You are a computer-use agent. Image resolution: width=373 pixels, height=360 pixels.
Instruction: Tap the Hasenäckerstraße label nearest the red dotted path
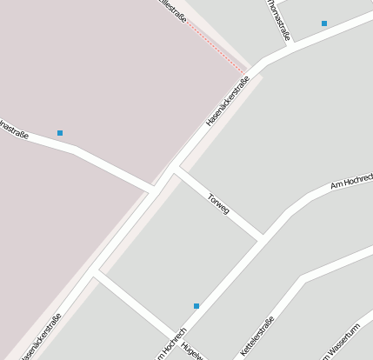[x=228, y=102]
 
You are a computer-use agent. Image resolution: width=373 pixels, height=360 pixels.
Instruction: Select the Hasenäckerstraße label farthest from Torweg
[x=41, y=336]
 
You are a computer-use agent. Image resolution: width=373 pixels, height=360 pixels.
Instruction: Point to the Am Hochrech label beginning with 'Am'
[x=351, y=182]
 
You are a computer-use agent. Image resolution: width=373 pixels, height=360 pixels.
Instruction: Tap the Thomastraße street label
[x=278, y=20]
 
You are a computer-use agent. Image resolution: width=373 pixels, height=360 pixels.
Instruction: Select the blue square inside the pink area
[x=60, y=133]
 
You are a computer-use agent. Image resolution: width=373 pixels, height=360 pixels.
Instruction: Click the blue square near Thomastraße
[x=324, y=23]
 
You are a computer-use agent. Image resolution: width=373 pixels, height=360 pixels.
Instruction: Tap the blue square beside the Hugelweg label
[x=196, y=306]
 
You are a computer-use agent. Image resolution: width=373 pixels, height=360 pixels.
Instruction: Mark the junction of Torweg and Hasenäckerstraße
[x=175, y=170]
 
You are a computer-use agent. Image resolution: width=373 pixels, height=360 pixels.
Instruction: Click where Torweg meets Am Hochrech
[x=261, y=237]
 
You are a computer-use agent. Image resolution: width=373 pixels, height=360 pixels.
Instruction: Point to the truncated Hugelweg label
[x=192, y=351]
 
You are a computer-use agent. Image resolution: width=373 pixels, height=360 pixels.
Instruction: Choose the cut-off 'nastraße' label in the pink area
[x=14, y=130]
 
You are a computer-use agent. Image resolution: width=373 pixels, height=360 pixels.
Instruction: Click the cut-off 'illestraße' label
[x=173, y=10]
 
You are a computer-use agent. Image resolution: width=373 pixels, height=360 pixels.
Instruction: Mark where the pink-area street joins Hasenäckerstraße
[x=155, y=190]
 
